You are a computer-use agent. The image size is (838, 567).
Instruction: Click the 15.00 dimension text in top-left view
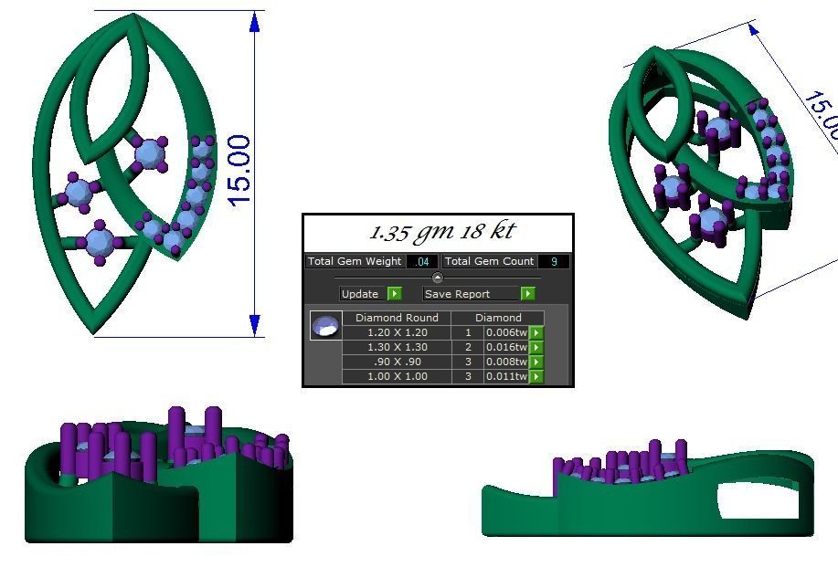click(x=239, y=171)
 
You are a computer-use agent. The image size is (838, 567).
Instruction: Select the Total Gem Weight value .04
click(x=422, y=262)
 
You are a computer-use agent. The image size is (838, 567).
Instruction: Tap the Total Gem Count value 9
click(x=554, y=262)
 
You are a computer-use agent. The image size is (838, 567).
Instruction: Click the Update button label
click(x=360, y=294)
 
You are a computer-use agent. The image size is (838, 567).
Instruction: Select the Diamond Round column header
click(x=397, y=318)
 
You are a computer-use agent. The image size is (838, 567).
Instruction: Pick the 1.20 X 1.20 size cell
click(x=397, y=332)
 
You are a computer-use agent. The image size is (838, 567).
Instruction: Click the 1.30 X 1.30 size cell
click(x=397, y=347)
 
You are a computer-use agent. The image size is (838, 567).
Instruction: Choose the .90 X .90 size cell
click(x=397, y=362)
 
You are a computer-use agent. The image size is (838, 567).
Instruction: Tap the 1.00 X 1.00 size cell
click(x=397, y=376)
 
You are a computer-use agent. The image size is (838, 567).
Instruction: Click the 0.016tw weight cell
click(x=506, y=347)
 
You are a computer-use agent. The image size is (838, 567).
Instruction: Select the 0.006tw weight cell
click(x=506, y=332)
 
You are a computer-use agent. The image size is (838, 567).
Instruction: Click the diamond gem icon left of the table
click(x=325, y=326)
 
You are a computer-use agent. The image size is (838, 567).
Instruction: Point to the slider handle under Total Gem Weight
click(x=437, y=278)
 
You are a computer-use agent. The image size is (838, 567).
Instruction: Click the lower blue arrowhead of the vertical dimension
click(x=255, y=325)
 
